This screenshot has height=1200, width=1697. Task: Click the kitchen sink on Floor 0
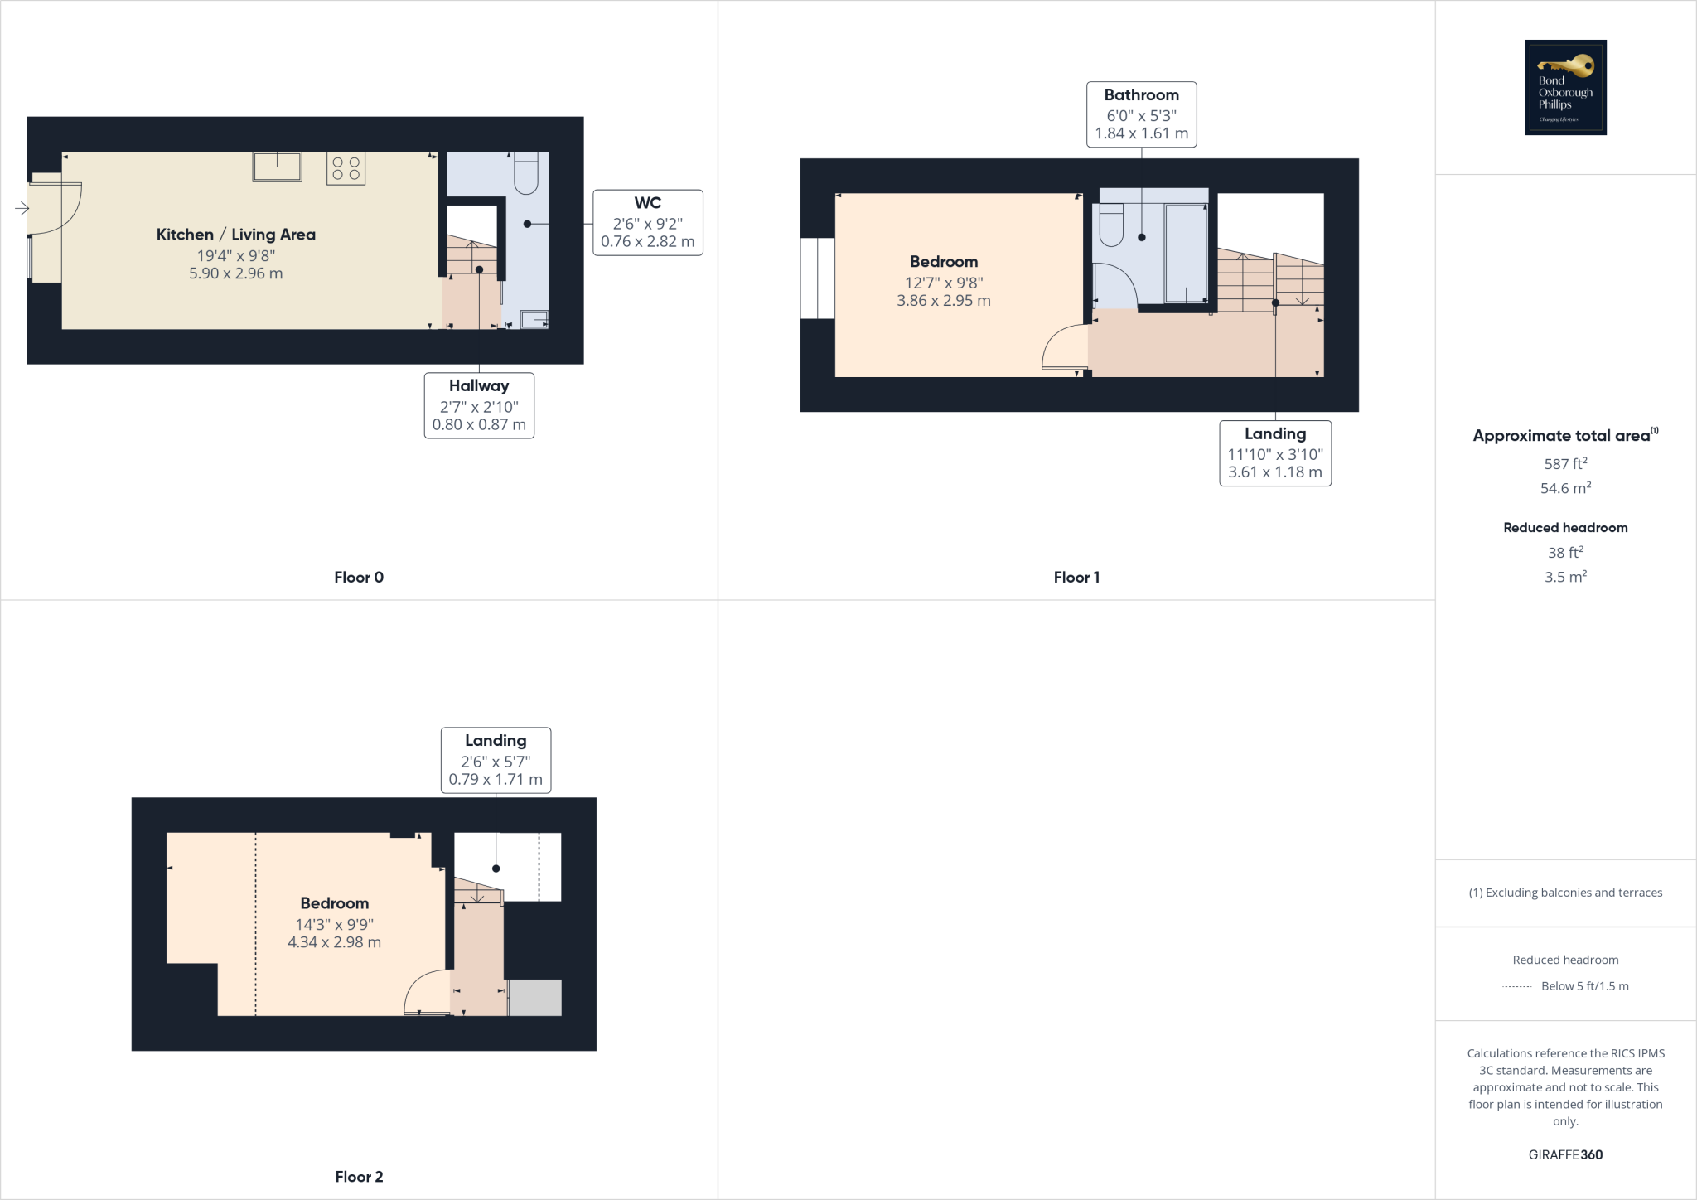point(277,167)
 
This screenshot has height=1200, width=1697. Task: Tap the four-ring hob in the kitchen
point(346,168)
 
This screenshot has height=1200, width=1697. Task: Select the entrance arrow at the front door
point(22,209)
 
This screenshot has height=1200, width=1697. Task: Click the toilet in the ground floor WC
point(526,173)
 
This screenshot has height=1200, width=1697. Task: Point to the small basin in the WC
point(534,319)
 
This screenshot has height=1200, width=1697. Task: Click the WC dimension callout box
point(647,223)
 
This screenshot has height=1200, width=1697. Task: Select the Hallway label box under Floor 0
point(479,405)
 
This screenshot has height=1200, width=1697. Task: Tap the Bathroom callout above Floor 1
point(1141,114)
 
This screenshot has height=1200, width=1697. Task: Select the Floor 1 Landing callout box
point(1274,453)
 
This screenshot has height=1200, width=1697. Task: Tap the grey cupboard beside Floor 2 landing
point(534,998)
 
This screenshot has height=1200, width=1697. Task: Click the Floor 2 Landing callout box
point(496,760)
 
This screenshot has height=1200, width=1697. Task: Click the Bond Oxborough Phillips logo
point(1565,87)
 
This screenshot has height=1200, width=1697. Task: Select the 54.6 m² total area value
point(1565,488)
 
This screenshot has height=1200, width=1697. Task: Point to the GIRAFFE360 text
point(1565,1154)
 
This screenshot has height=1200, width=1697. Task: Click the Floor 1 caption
point(1076,578)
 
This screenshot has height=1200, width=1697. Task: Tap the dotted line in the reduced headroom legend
point(1516,986)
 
